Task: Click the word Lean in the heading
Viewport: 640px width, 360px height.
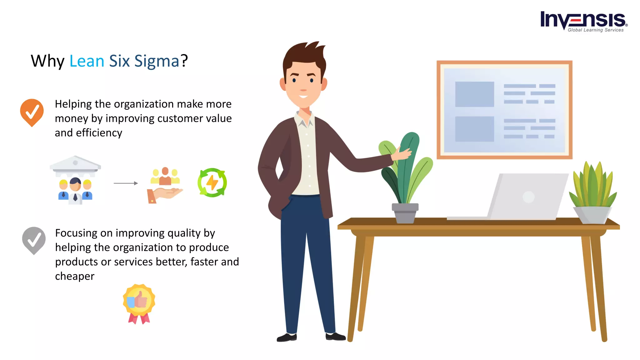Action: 87,61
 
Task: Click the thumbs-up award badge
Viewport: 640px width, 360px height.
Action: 139,303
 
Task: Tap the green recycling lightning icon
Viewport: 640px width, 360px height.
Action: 212,182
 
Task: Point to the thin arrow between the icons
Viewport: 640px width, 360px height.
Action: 126,183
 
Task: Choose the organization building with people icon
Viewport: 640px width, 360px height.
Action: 75,180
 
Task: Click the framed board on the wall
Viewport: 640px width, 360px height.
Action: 504,110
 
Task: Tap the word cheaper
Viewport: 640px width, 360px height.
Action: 75,276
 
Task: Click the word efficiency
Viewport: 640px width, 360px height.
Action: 99,133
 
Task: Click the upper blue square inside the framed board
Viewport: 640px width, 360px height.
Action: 474,94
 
